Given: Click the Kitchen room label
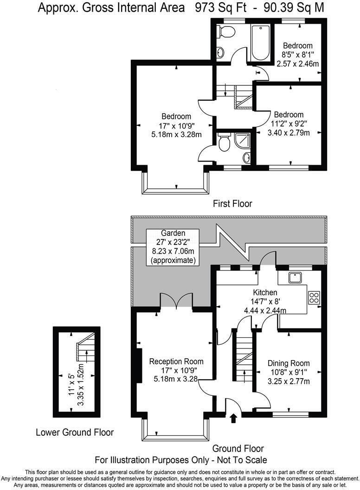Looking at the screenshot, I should click(x=265, y=293).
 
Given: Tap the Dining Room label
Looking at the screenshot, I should click(x=288, y=363).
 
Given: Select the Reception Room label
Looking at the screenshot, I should click(x=176, y=361).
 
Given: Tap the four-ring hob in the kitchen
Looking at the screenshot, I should click(x=314, y=297).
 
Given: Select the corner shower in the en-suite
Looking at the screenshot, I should click(x=243, y=141).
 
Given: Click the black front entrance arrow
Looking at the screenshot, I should click(x=233, y=419).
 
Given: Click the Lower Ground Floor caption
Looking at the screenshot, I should click(x=75, y=432).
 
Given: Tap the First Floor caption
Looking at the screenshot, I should click(x=232, y=203).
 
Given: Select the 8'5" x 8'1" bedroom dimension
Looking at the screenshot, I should click(x=298, y=55).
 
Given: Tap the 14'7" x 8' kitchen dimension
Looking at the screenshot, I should click(x=265, y=302).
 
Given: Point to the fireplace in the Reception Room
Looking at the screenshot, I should click(x=138, y=365).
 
